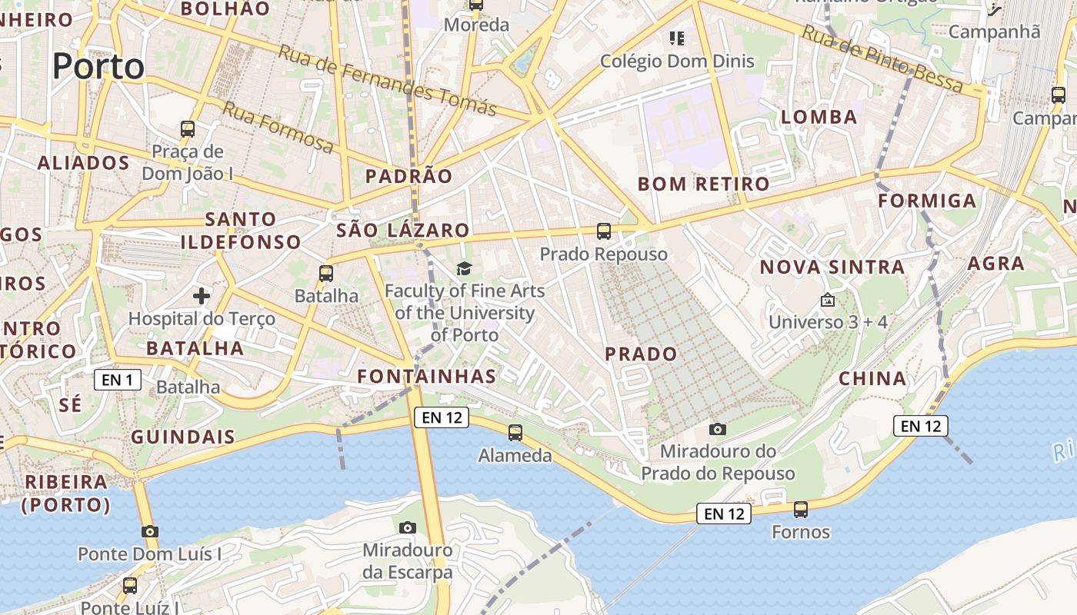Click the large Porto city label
98,66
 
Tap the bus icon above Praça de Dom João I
188,129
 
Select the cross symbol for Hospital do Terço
202,295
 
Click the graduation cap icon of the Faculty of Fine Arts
464,268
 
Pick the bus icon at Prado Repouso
604,231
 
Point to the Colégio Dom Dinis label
677,61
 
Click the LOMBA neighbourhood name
819,117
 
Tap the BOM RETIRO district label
703,184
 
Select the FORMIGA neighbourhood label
927,201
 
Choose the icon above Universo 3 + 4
828,300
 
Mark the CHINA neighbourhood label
872,378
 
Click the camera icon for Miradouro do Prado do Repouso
718,429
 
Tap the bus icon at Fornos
801,509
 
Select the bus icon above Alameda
515,433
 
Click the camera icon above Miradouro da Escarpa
408,527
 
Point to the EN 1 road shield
118,379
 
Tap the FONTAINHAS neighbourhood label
427,376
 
